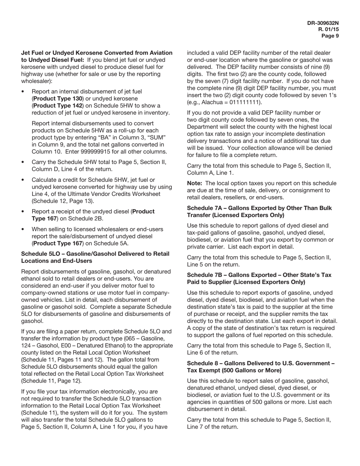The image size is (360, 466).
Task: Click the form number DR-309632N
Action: pyautogui.click(x=323, y=23)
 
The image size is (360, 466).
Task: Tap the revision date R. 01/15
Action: pyautogui.click(x=329, y=30)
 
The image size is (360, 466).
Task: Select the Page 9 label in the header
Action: pyautogui.click(x=330, y=36)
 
